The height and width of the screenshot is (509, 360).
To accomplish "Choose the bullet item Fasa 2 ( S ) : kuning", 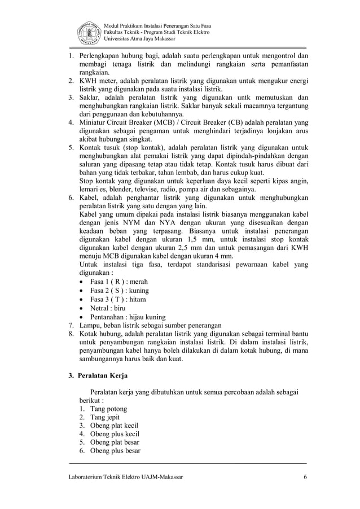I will [119, 290].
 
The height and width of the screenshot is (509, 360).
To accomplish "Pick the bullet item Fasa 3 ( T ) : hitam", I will [118, 299].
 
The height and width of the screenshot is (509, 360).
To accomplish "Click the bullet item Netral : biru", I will [108, 308].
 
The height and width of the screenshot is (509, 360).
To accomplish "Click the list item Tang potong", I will [108, 409].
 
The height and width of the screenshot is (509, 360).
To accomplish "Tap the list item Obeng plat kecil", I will [114, 425].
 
